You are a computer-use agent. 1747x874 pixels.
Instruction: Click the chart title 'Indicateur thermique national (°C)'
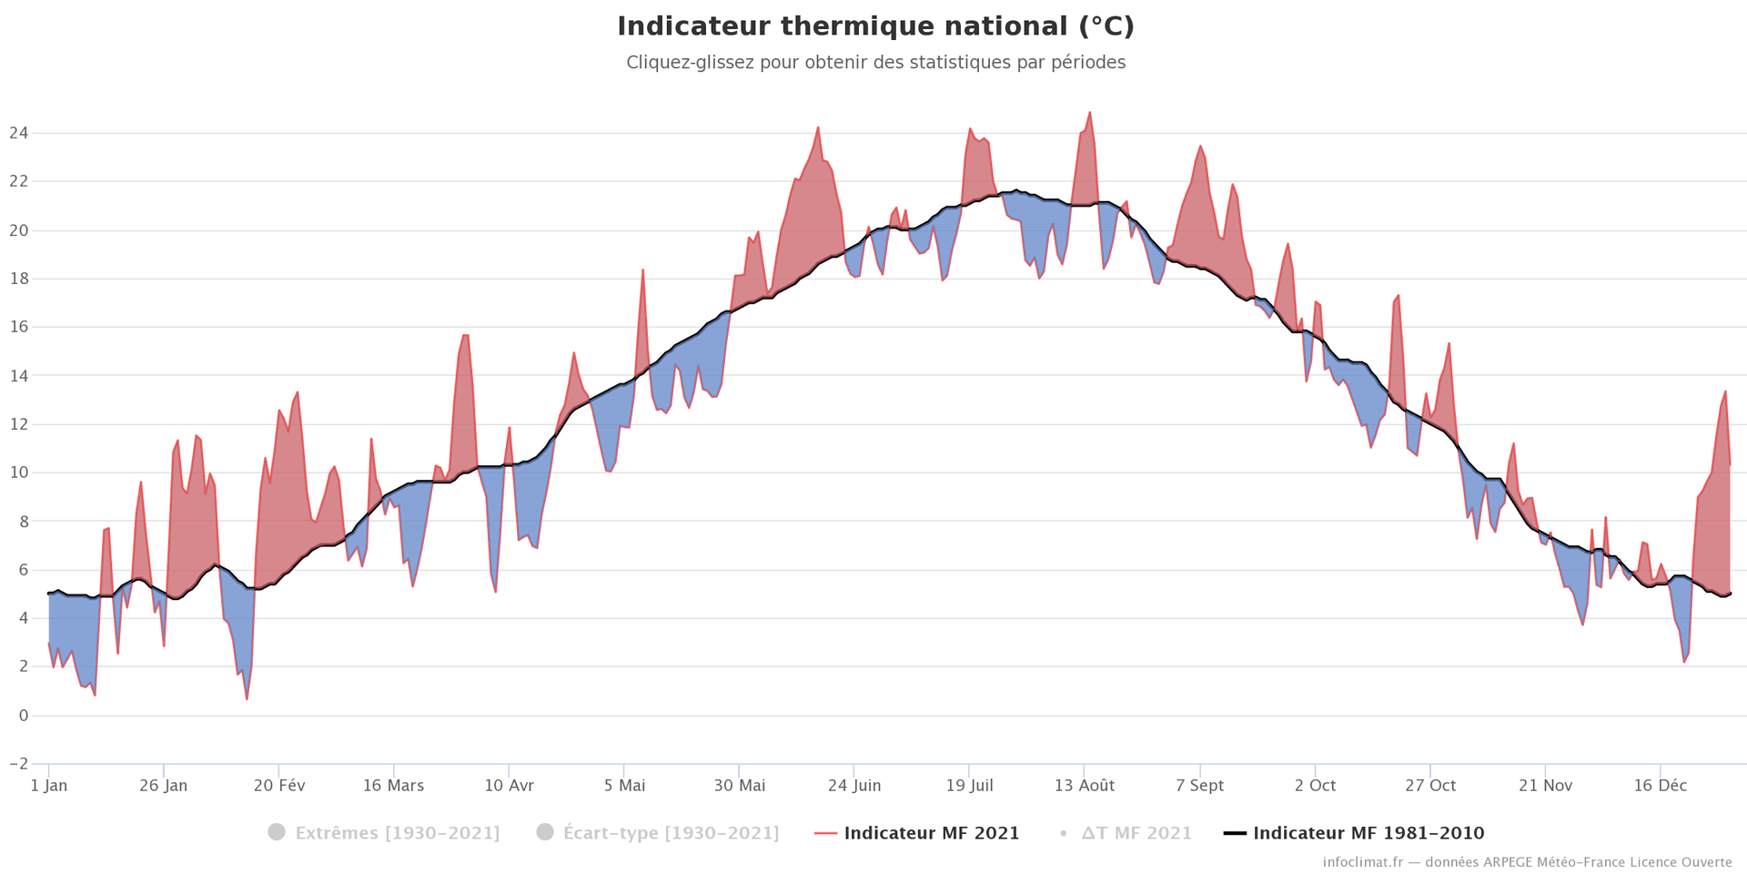tap(875, 26)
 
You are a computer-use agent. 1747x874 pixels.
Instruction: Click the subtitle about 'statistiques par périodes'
tap(875, 63)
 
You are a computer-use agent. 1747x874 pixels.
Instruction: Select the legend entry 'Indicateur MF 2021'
tap(931, 833)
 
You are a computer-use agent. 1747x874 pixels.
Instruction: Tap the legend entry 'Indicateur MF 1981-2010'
tap(1368, 833)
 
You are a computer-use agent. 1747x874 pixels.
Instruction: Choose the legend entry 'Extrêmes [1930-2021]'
tap(397, 833)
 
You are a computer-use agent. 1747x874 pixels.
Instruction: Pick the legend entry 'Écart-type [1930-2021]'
tap(671, 833)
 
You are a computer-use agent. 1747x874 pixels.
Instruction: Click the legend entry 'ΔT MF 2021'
tap(1136, 833)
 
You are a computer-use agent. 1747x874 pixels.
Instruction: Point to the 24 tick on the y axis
tap(18, 133)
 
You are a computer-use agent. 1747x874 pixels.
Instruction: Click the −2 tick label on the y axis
tap(18, 764)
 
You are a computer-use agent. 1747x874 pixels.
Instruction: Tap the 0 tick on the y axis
tap(23, 716)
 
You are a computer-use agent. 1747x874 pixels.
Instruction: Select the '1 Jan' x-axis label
tap(49, 786)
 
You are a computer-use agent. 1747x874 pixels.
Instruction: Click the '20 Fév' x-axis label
tap(279, 786)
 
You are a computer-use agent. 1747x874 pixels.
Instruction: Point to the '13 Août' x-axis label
tap(1084, 786)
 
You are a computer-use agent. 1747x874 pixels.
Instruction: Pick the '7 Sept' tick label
tap(1199, 786)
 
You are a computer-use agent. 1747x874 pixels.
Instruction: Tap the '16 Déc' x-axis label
tap(1660, 786)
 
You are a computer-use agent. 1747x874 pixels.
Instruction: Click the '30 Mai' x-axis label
tap(739, 786)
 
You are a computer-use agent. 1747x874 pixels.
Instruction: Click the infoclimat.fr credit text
tap(1527, 862)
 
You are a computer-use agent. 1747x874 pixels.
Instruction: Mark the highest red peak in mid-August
tap(1089, 113)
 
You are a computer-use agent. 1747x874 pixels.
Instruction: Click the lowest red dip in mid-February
tap(247, 698)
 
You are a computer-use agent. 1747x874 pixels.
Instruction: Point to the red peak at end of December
tap(1725, 391)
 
